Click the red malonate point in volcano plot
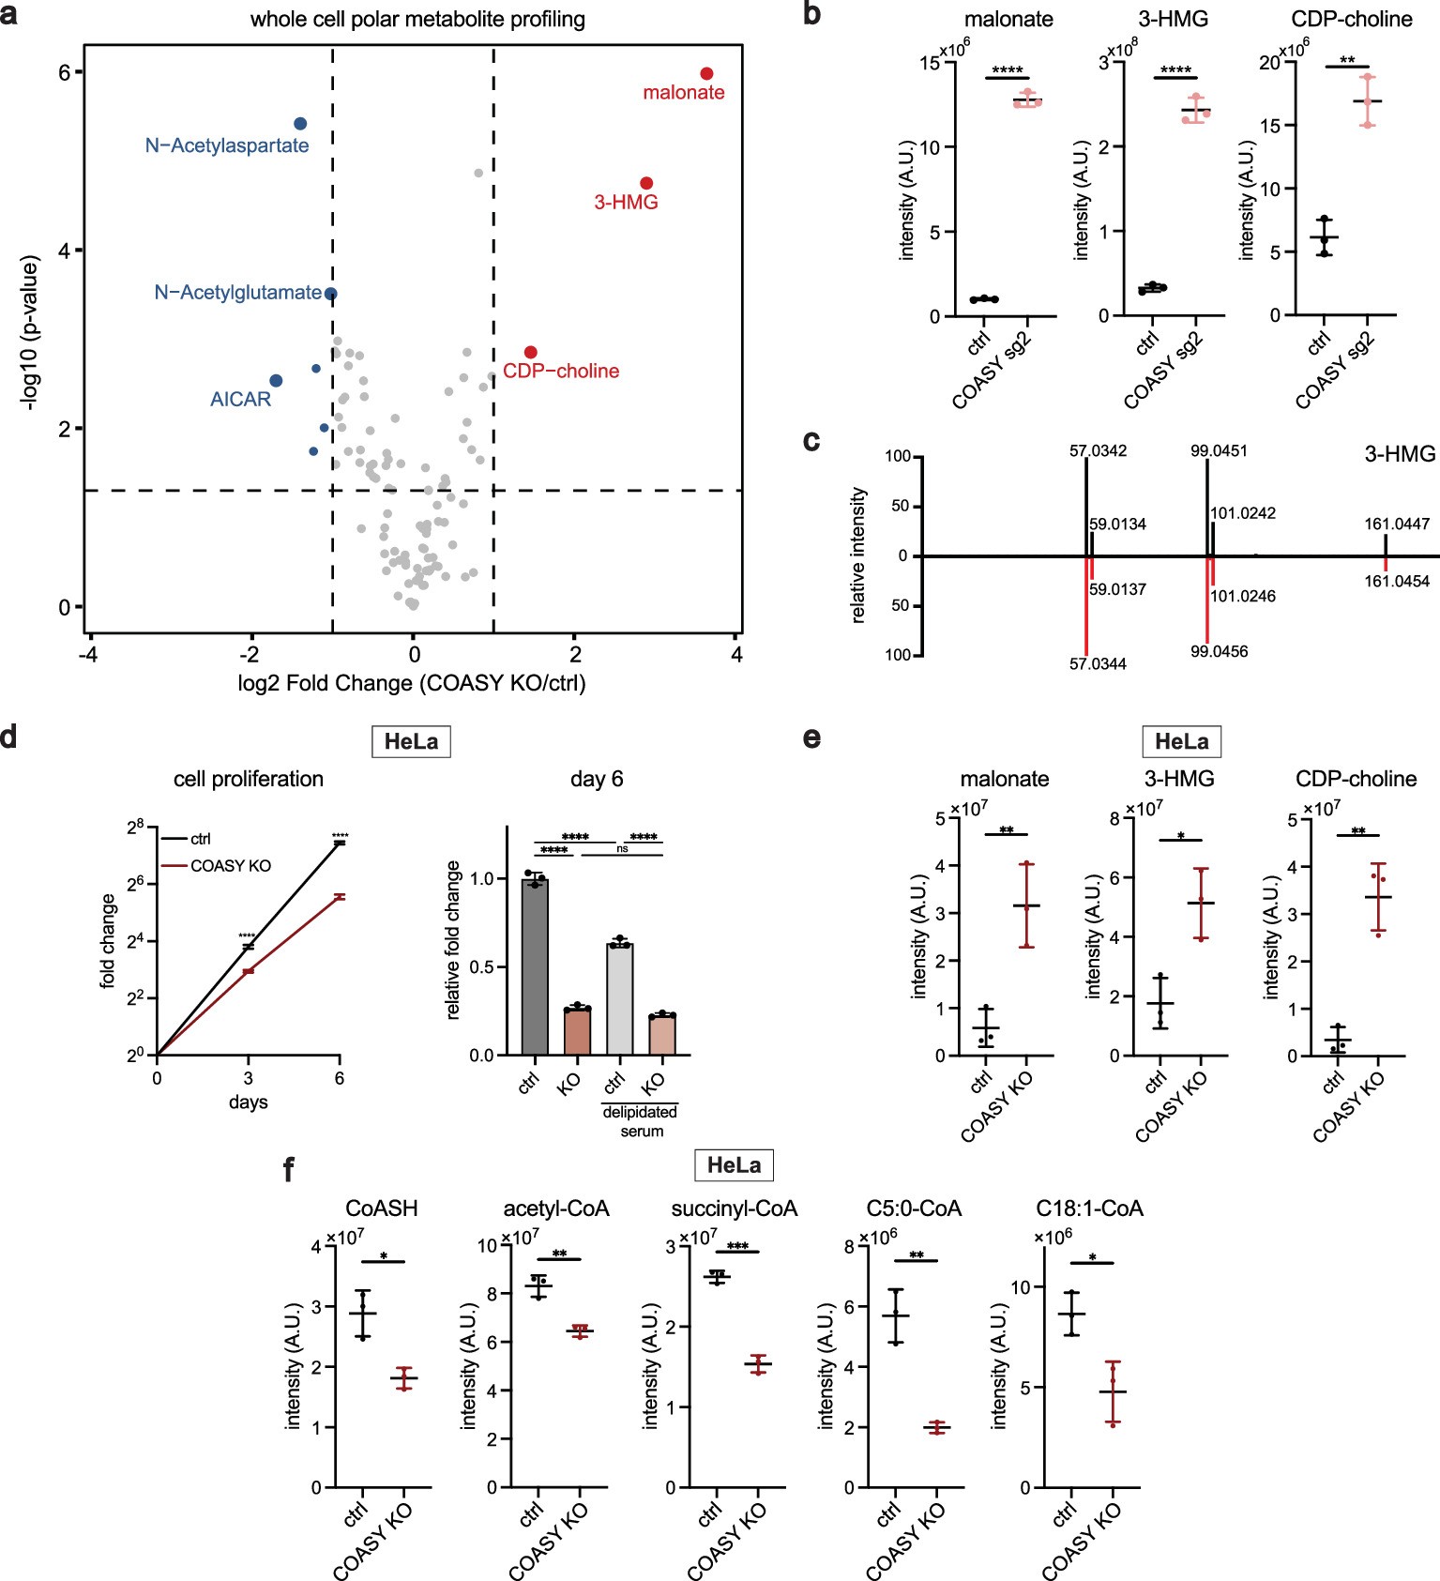[706, 73]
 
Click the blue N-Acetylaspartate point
[300, 124]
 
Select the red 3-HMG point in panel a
[646, 183]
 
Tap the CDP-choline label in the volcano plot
[561, 371]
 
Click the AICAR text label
[240, 399]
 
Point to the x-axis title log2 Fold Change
[412, 683]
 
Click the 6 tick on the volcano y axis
[65, 72]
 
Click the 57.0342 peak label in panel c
[1098, 451]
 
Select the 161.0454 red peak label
[1397, 582]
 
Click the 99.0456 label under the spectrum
[1219, 651]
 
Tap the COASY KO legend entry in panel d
[230, 866]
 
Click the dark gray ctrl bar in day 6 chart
[535, 966]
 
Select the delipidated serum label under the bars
[641, 1120]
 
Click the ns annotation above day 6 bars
[622, 848]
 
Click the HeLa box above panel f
[734, 1165]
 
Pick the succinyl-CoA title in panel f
[734, 1209]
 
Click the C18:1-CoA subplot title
[1089, 1209]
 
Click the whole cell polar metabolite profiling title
[417, 20]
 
